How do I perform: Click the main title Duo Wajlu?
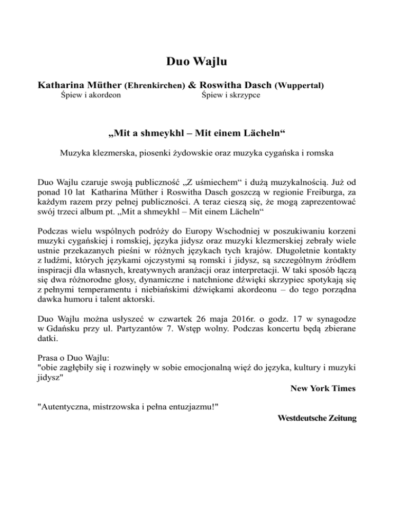click(x=197, y=64)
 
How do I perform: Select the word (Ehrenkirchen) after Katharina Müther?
click(x=156, y=85)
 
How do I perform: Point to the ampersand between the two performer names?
click(x=192, y=84)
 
